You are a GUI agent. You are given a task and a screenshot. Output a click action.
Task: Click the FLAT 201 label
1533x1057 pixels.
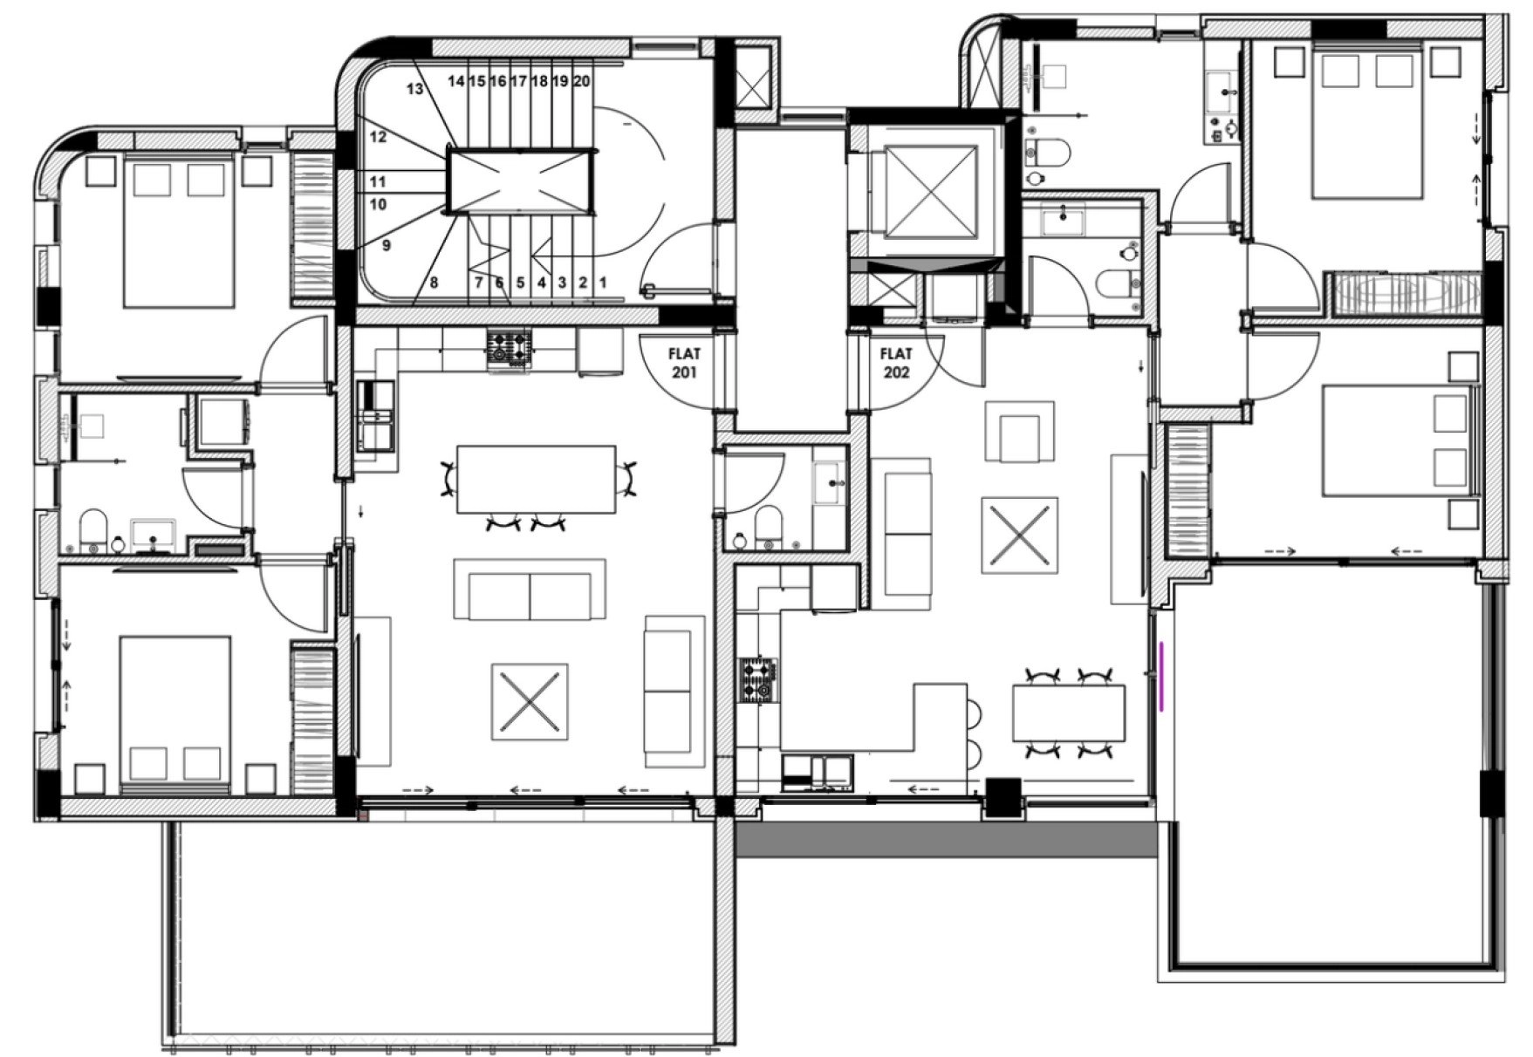684,363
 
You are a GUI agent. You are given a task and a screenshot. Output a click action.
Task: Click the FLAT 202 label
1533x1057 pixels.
896,363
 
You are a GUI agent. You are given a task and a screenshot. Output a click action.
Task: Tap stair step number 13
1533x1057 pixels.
414,89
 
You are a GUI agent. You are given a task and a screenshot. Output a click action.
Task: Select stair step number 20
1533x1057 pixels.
582,81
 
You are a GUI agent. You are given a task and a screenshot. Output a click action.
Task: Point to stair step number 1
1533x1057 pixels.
602,283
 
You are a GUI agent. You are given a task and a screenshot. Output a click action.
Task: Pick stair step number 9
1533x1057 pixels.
387,245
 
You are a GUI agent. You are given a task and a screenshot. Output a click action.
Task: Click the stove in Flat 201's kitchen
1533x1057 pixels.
509,348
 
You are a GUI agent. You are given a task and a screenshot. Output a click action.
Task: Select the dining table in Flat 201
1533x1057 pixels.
537,480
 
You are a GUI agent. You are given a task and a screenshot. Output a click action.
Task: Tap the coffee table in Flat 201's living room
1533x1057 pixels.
530,701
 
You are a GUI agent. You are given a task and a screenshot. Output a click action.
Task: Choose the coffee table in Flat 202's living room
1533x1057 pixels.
1020,535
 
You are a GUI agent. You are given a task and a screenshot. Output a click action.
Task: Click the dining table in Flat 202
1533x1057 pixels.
1069,713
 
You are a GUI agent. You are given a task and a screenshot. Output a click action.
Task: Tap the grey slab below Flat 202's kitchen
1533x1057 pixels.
947,841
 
